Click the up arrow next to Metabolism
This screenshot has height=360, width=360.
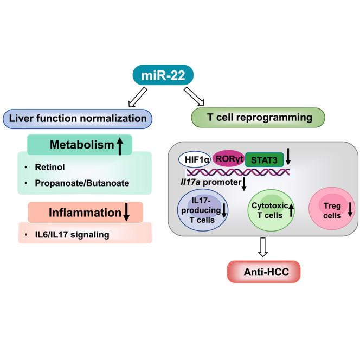click(x=120, y=145)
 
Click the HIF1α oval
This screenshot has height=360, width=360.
click(x=195, y=159)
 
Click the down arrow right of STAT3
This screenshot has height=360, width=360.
click(x=290, y=157)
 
